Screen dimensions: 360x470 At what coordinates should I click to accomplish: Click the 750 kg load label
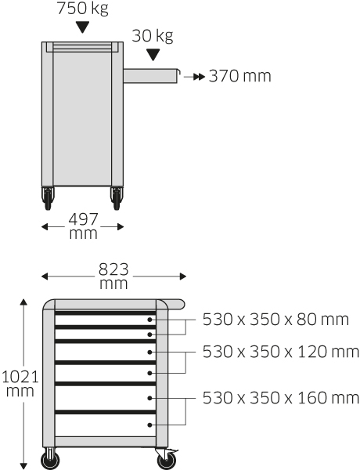pyautogui.click(x=82, y=8)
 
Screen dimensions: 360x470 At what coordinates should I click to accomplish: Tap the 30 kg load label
pyautogui.click(x=153, y=36)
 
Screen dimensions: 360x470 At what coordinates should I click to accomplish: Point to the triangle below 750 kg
pyautogui.click(x=82, y=27)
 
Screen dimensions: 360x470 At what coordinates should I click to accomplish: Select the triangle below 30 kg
pyautogui.click(x=153, y=55)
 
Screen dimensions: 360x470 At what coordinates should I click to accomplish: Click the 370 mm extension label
pyautogui.click(x=240, y=76)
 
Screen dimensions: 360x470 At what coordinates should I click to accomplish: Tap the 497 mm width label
pyautogui.click(x=83, y=226)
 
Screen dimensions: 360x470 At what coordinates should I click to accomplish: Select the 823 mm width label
pyautogui.click(x=113, y=276)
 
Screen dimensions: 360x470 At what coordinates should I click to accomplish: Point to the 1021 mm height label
pyautogui.click(x=20, y=383)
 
